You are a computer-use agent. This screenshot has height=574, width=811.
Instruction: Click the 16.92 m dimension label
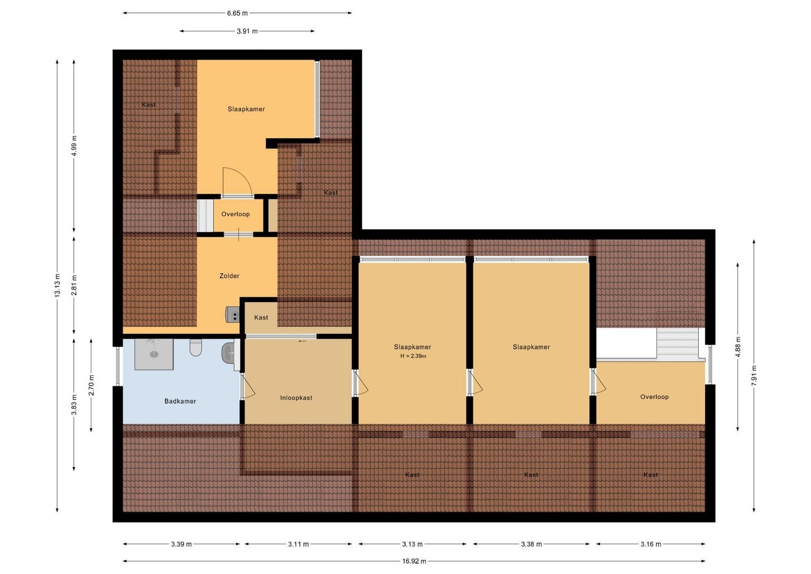click(x=414, y=561)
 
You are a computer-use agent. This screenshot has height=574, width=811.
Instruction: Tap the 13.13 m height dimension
click(x=57, y=286)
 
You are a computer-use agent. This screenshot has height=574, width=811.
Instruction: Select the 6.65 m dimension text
click(x=237, y=13)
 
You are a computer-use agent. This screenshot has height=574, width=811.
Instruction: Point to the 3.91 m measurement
click(x=247, y=31)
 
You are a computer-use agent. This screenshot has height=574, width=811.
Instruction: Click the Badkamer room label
click(x=180, y=401)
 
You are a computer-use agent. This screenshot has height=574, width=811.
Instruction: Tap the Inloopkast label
click(x=296, y=398)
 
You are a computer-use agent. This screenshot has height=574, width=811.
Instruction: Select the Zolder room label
click(x=229, y=276)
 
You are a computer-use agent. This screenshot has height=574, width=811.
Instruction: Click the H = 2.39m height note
click(x=413, y=356)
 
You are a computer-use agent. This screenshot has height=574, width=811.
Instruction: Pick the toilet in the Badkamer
click(x=195, y=348)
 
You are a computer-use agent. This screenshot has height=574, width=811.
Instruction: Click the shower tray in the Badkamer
click(x=154, y=354)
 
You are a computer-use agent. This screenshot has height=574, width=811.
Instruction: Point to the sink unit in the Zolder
click(x=233, y=314)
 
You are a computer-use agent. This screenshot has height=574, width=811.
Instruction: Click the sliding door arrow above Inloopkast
click(x=302, y=341)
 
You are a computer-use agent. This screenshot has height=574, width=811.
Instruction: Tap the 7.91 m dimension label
click(x=754, y=376)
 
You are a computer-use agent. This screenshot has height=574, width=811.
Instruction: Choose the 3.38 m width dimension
click(x=532, y=544)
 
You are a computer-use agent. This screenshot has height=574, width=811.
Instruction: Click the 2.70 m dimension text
click(x=91, y=385)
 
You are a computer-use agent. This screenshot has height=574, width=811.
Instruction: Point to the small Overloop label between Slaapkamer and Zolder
click(x=235, y=214)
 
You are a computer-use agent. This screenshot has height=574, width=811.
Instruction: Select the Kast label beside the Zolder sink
click(x=261, y=317)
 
